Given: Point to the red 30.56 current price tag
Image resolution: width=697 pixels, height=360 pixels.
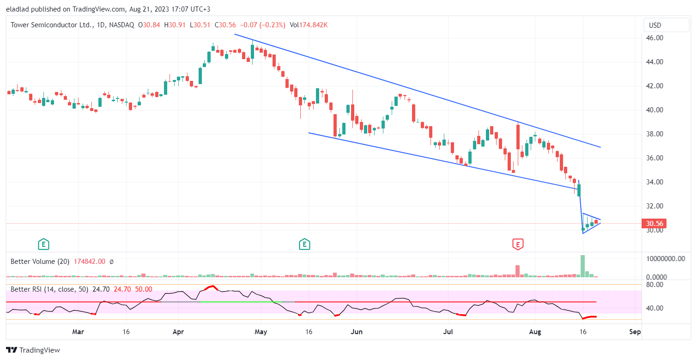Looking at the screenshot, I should [x=655, y=224].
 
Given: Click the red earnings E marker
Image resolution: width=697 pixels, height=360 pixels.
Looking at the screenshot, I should [x=518, y=244].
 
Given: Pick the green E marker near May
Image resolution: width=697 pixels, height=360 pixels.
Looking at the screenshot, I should [x=304, y=244].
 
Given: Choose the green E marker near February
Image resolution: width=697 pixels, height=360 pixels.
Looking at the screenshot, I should [x=43, y=244].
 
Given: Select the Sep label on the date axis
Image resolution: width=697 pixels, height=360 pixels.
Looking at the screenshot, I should [x=635, y=332].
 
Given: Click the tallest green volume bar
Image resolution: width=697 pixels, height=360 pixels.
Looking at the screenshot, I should [x=583, y=266].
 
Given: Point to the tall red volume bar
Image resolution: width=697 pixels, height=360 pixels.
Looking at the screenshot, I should [x=518, y=271].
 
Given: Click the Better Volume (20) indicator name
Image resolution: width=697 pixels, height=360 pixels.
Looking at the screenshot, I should [x=40, y=262].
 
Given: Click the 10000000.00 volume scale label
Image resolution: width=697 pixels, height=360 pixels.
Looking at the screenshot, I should [x=665, y=259].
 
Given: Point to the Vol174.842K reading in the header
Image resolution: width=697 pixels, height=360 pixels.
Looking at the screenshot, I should [x=309, y=25].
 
